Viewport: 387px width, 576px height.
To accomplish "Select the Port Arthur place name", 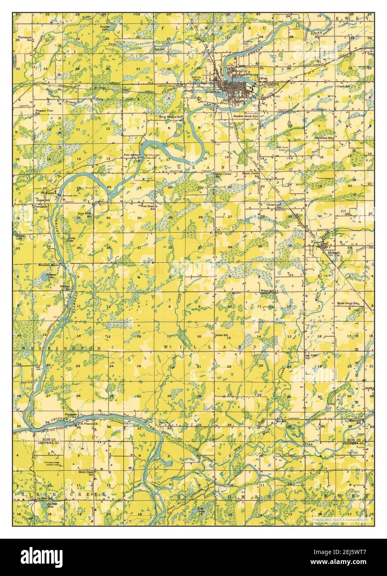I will coord(130,155).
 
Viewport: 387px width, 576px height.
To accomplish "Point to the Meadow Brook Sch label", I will coord(246,116).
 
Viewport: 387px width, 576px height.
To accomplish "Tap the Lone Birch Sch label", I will coord(84,215).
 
